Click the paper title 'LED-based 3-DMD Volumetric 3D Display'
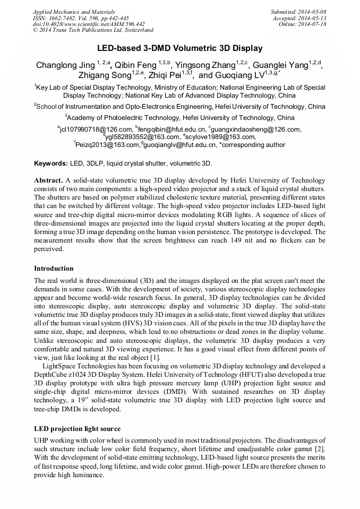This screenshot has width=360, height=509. click(180, 48)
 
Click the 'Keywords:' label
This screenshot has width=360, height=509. click(51, 163)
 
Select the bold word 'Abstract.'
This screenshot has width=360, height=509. click(49, 180)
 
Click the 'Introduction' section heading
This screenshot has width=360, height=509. click(54, 269)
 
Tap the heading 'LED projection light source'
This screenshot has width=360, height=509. click(77, 428)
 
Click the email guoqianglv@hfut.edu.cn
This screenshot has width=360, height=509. click(178, 144)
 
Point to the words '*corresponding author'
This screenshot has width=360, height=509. click(252, 144)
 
